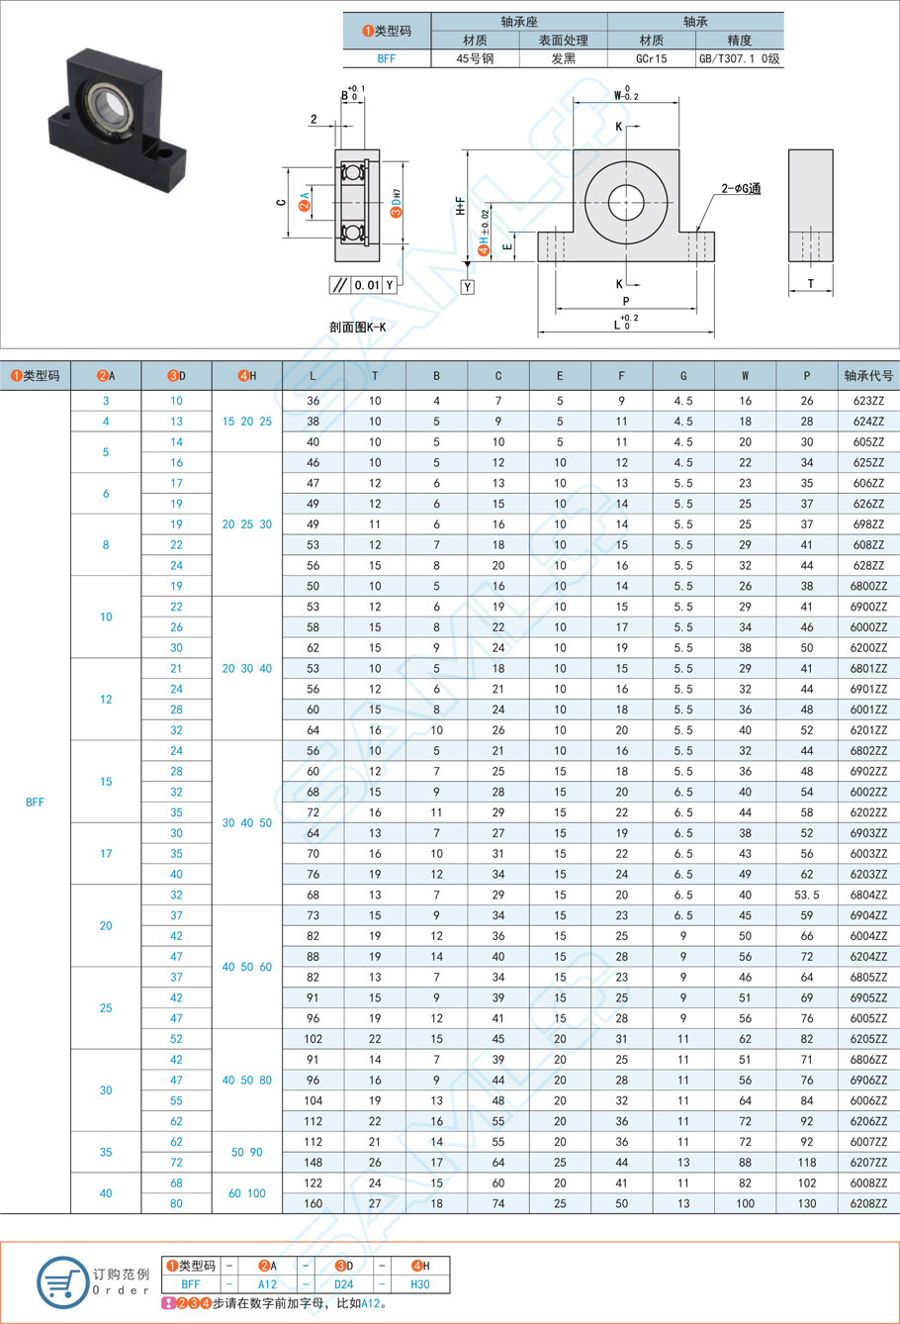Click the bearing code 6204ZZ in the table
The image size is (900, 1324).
tap(868, 957)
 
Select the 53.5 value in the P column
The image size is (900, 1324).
tap(807, 896)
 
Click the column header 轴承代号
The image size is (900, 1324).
tap(868, 376)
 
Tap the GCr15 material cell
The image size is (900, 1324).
tap(651, 59)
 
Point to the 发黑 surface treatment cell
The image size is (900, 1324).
tap(563, 59)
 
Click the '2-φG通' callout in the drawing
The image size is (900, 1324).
tap(740, 188)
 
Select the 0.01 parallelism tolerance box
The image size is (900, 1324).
tap(367, 285)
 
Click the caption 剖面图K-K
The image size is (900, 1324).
tap(357, 326)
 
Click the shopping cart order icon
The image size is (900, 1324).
tap(62, 1281)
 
